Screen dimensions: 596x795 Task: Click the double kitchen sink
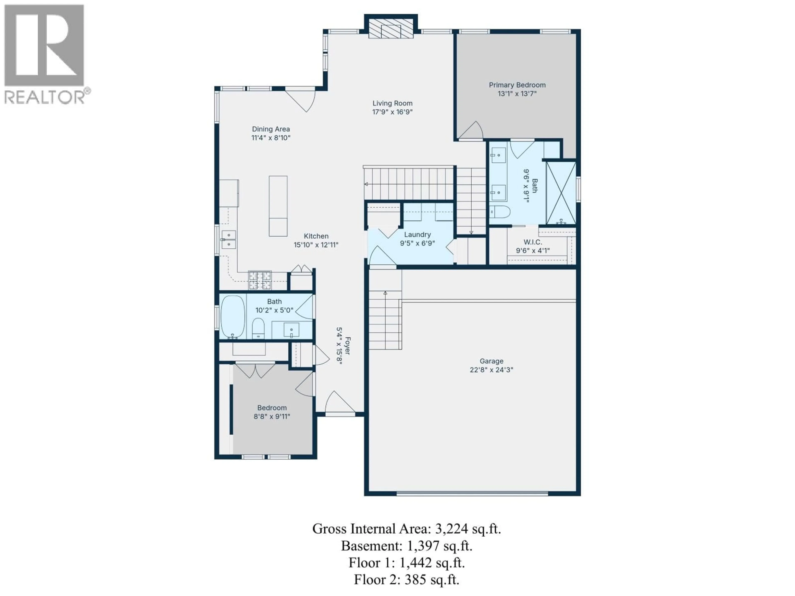point(229,240)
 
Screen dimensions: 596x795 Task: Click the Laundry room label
point(417,235)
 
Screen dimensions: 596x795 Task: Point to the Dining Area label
point(271,129)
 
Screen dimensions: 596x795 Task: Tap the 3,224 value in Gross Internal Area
point(451,529)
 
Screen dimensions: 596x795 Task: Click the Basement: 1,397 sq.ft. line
point(406,546)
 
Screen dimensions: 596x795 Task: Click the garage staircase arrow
point(385,293)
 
